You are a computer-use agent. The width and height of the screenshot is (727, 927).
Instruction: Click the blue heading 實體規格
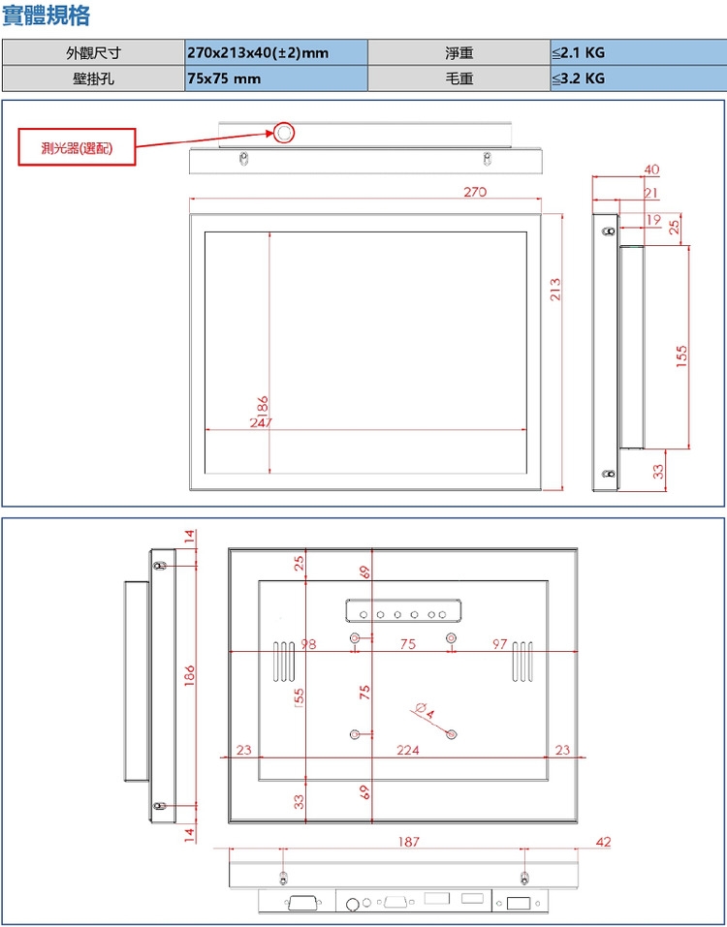[x=47, y=15]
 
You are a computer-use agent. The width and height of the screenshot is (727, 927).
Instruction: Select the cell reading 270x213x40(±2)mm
[x=275, y=52]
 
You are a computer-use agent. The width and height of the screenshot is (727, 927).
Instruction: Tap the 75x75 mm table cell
[x=275, y=78]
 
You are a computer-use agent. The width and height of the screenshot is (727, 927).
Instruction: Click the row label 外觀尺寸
[x=93, y=52]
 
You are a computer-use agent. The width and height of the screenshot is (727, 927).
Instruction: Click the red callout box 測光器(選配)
[x=77, y=148]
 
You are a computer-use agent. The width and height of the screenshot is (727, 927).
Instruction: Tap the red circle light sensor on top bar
[x=283, y=133]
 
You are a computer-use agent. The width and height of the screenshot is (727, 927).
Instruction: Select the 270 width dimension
[x=474, y=193]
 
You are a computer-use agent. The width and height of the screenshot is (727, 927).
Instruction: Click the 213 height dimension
[x=555, y=289]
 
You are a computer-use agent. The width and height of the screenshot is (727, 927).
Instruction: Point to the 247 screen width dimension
[x=261, y=422]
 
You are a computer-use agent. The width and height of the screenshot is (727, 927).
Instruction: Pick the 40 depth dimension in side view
[x=650, y=170]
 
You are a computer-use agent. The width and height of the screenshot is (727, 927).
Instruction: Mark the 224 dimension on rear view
[x=409, y=750]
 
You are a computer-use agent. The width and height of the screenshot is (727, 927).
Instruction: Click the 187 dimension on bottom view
[x=409, y=843]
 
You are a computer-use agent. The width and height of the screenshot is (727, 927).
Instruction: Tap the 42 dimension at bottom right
[x=604, y=843]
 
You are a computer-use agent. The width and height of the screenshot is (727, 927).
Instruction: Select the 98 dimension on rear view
[x=309, y=644]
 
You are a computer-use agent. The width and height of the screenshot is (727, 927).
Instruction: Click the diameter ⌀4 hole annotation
[x=424, y=710]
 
